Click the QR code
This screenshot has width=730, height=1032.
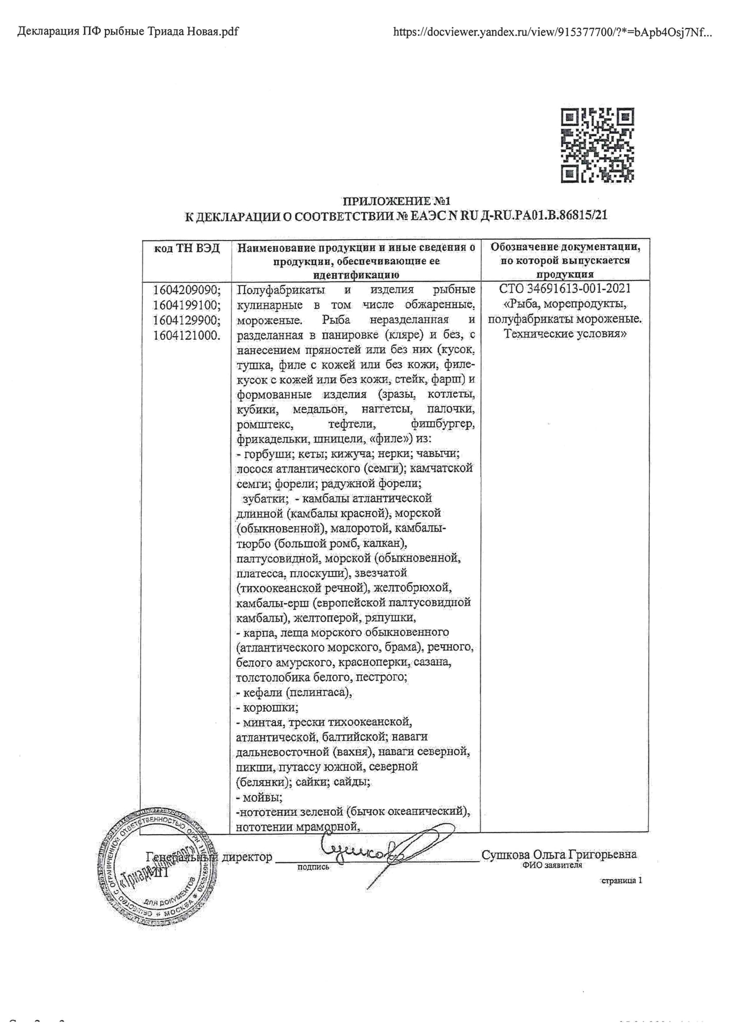(x=598, y=145)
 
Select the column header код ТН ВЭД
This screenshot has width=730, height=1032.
(x=187, y=249)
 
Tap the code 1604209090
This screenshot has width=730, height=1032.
(x=187, y=290)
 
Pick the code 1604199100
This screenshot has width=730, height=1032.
(x=187, y=305)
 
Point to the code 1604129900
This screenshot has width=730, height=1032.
(x=187, y=320)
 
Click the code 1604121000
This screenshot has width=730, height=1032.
(x=187, y=335)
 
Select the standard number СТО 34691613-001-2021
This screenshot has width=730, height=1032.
(x=564, y=289)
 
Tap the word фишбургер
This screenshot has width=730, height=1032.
(x=443, y=424)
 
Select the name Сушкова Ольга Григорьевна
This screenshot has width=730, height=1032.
(x=559, y=855)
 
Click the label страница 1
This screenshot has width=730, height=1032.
(x=622, y=881)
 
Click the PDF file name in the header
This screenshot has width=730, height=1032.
(x=128, y=31)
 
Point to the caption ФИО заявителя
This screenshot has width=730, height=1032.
(x=552, y=865)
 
